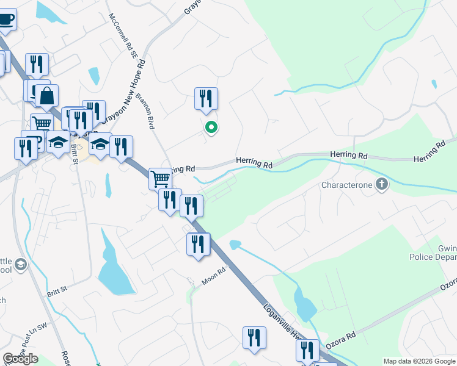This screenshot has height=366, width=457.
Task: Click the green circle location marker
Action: tap(211, 127)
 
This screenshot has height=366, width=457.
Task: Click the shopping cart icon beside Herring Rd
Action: tap(160, 179)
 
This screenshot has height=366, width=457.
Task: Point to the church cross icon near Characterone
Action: tap(382, 184)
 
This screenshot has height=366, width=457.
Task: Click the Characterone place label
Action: tap(346, 184)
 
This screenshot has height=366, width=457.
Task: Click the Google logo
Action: tap(20, 359)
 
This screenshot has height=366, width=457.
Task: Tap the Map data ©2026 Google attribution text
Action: tap(419, 361)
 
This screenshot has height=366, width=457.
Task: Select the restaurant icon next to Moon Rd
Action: tap(198, 245)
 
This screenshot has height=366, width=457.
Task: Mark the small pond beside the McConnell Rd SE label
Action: tap(94, 76)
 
